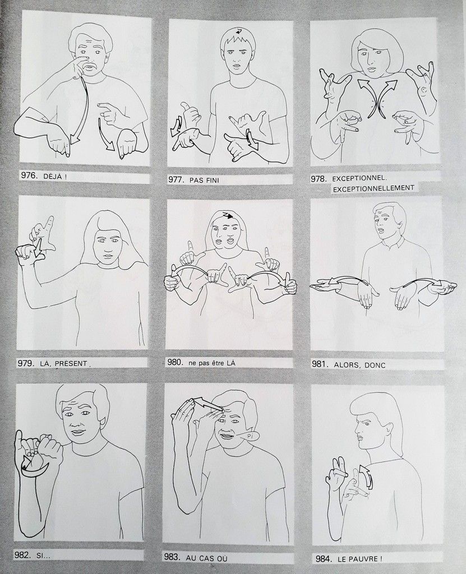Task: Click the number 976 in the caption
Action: [x=29, y=175]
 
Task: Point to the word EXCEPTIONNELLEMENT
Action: [x=373, y=188]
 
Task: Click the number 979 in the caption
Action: [x=26, y=363]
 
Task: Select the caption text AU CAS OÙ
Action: [x=206, y=558]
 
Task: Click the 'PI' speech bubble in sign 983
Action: [x=251, y=436]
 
